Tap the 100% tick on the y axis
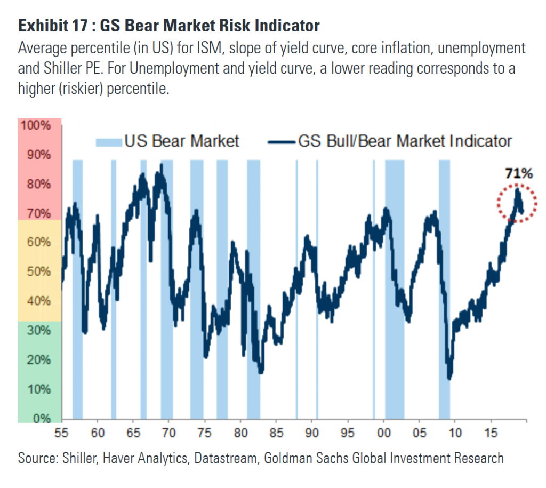click(x=36, y=126)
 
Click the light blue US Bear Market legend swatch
click(x=109, y=141)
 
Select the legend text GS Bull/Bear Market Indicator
click(x=404, y=141)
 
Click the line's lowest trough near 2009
click(x=450, y=378)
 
